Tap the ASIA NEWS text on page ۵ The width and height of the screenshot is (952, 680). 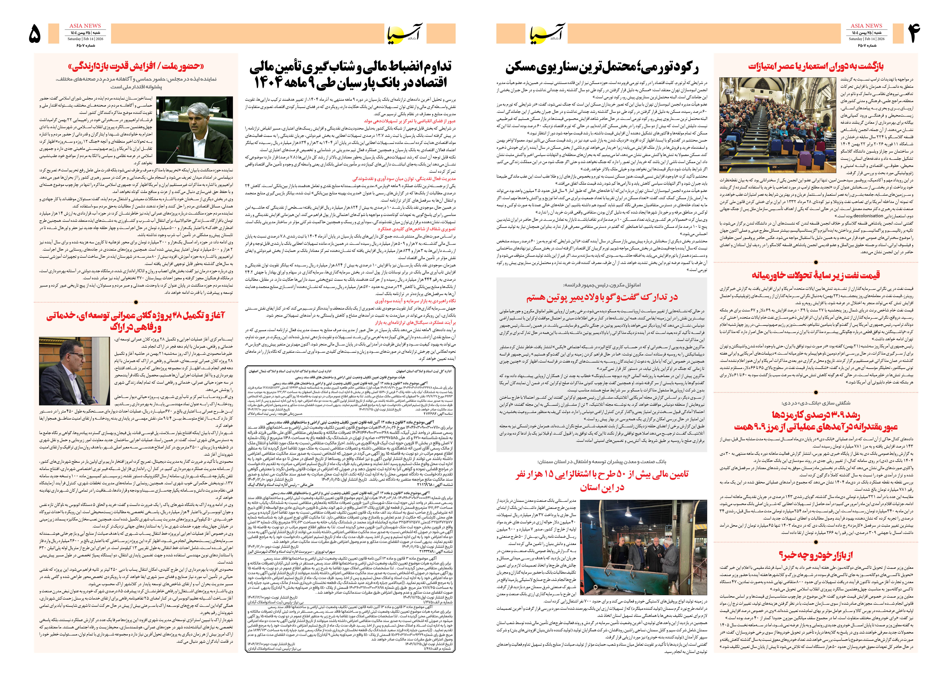point(85,26)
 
